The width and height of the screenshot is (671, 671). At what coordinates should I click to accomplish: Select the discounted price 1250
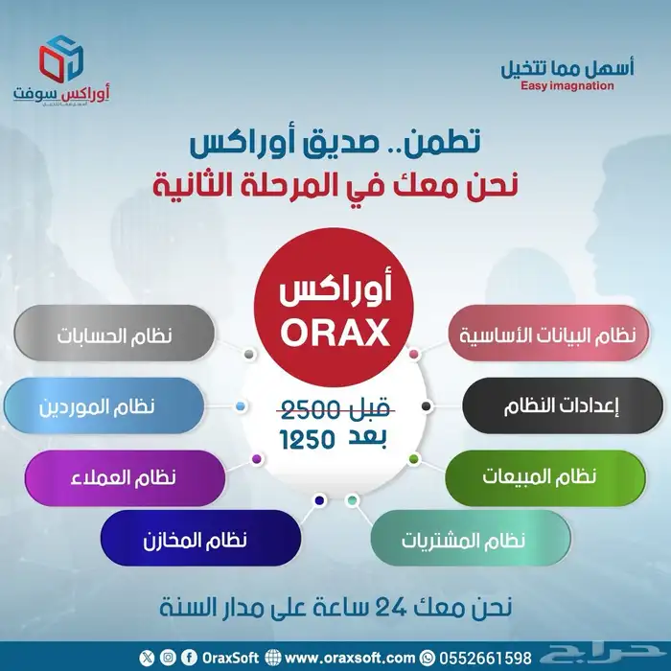[x=308, y=440]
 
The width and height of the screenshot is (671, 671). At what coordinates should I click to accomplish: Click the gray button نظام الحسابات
[x=114, y=335]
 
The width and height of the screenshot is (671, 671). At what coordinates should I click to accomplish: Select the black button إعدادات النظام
[x=555, y=405]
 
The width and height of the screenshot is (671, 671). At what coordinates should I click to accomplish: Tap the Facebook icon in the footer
[x=189, y=656]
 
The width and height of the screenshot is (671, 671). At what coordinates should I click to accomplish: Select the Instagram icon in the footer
[x=168, y=656]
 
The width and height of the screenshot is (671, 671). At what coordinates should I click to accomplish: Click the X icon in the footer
[x=147, y=656]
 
